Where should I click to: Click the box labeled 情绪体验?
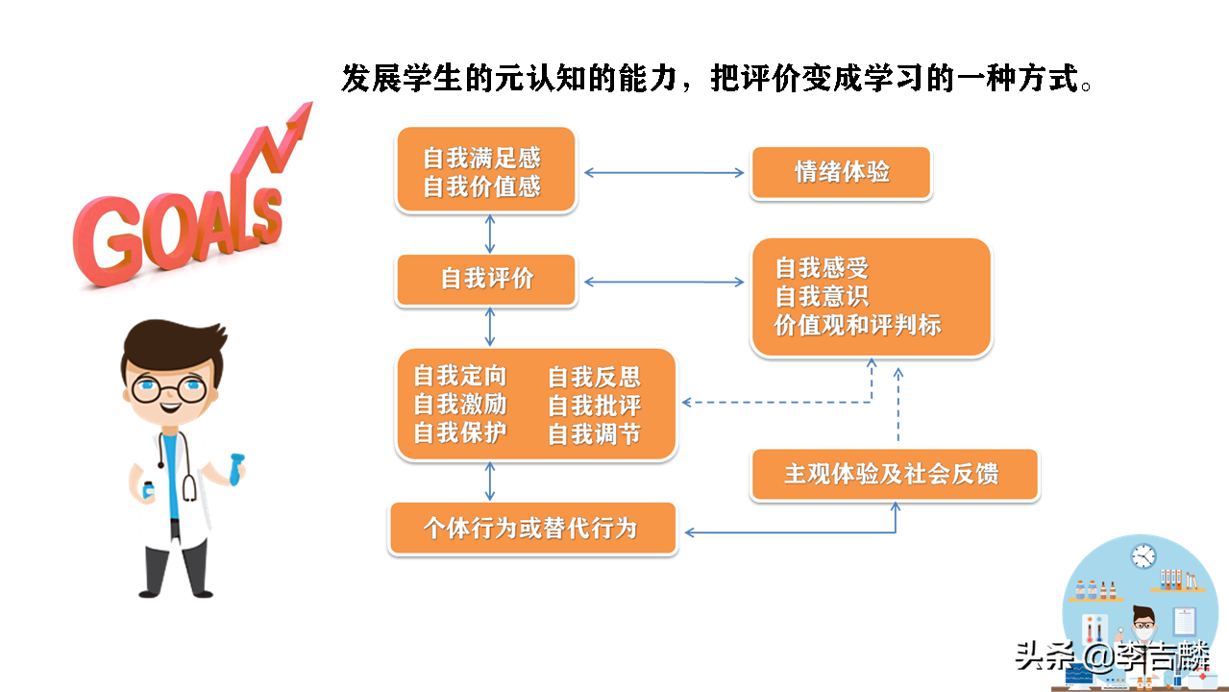click(x=841, y=173)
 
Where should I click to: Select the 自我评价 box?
click(x=486, y=280)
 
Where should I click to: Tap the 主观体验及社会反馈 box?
click(x=894, y=474)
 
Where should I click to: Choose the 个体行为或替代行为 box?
click(x=532, y=529)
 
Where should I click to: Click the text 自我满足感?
click(x=481, y=158)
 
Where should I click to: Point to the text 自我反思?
click(x=594, y=377)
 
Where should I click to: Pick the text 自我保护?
click(x=459, y=432)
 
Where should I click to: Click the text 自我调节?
click(x=594, y=434)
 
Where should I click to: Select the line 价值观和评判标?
click(x=857, y=325)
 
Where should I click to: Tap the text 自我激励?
click(x=459, y=404)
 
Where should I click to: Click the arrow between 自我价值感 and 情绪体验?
click(x=664, y=173)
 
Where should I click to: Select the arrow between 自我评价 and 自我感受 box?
click(x=664, y=282)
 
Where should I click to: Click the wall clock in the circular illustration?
click(x=1143, y=556)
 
